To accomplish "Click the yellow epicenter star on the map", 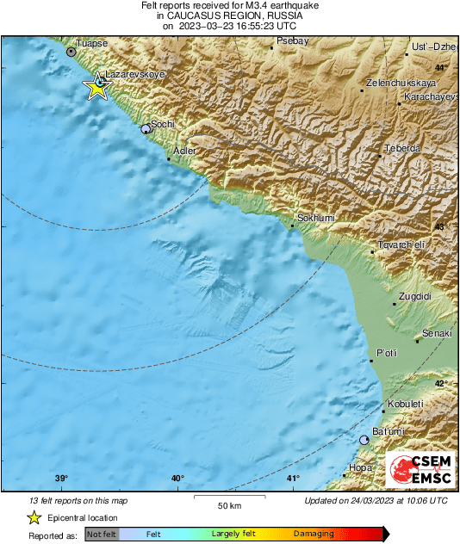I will (96, 86).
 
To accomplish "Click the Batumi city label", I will (388, 430).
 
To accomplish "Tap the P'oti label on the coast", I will (387, 353).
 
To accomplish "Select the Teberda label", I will (402, 148).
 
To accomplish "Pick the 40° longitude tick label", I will (177, 479).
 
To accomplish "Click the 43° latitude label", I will (440, 226).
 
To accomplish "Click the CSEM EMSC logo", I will (417, 470).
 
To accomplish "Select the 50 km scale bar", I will (228, 496).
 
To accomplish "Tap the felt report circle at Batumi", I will (364, 440).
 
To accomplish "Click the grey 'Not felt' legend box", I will (102, 534).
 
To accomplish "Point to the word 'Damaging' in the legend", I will (314, 534).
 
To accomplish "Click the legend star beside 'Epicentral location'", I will (34, 517).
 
